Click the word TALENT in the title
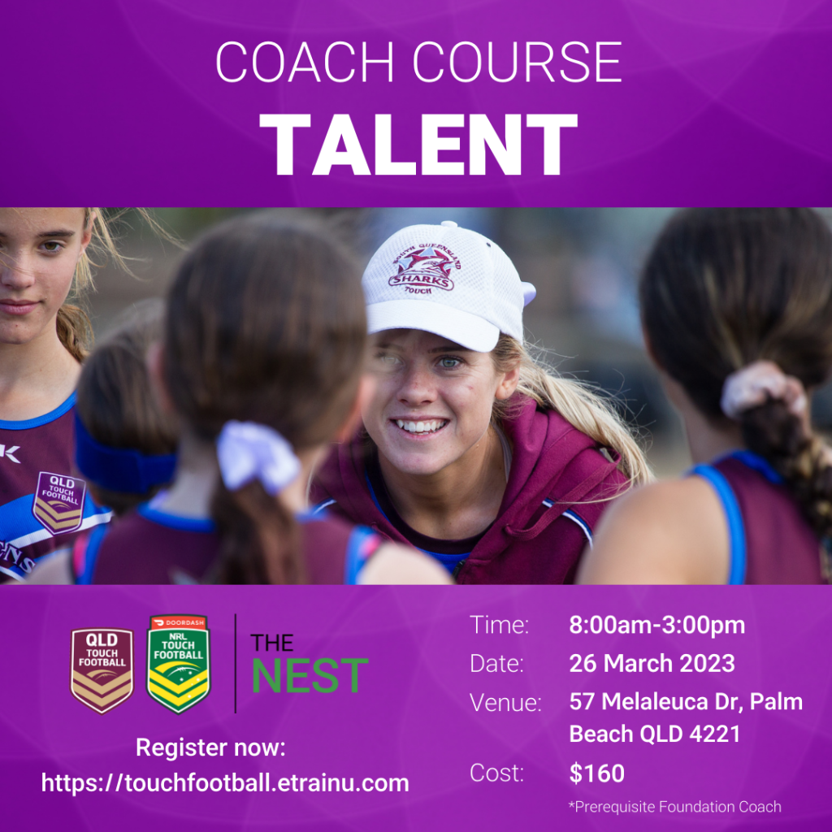pyautogui.click(x=418, y=145)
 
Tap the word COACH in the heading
pyautogui.click(x=305, y=62)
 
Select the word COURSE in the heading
pyautogui.click(x=517, y=62)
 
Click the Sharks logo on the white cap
pyautogui.click(x=423, y=267)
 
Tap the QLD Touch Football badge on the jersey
pyautogui.click(x=58, y=502)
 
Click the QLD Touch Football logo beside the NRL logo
pyautogui.click(x=102, y=670)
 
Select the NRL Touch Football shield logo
pyautogui.click(x=178, y=665)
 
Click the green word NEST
pyautogui.click(x=310, y=675)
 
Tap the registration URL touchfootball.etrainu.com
pyautogui.click(x=225, y=782)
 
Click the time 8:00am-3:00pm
pyautogui.click(x=656, y=625)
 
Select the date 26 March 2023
pyautogui.click(x=652, y=663)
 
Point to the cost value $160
pyautogui.click(x=597, y=773)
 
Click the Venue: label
pyautogui.click(x=505, y=703)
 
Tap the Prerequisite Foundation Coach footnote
pyautogui.click(x=675, y=807)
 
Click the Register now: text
pyautogui.click(x=210, y=747)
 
